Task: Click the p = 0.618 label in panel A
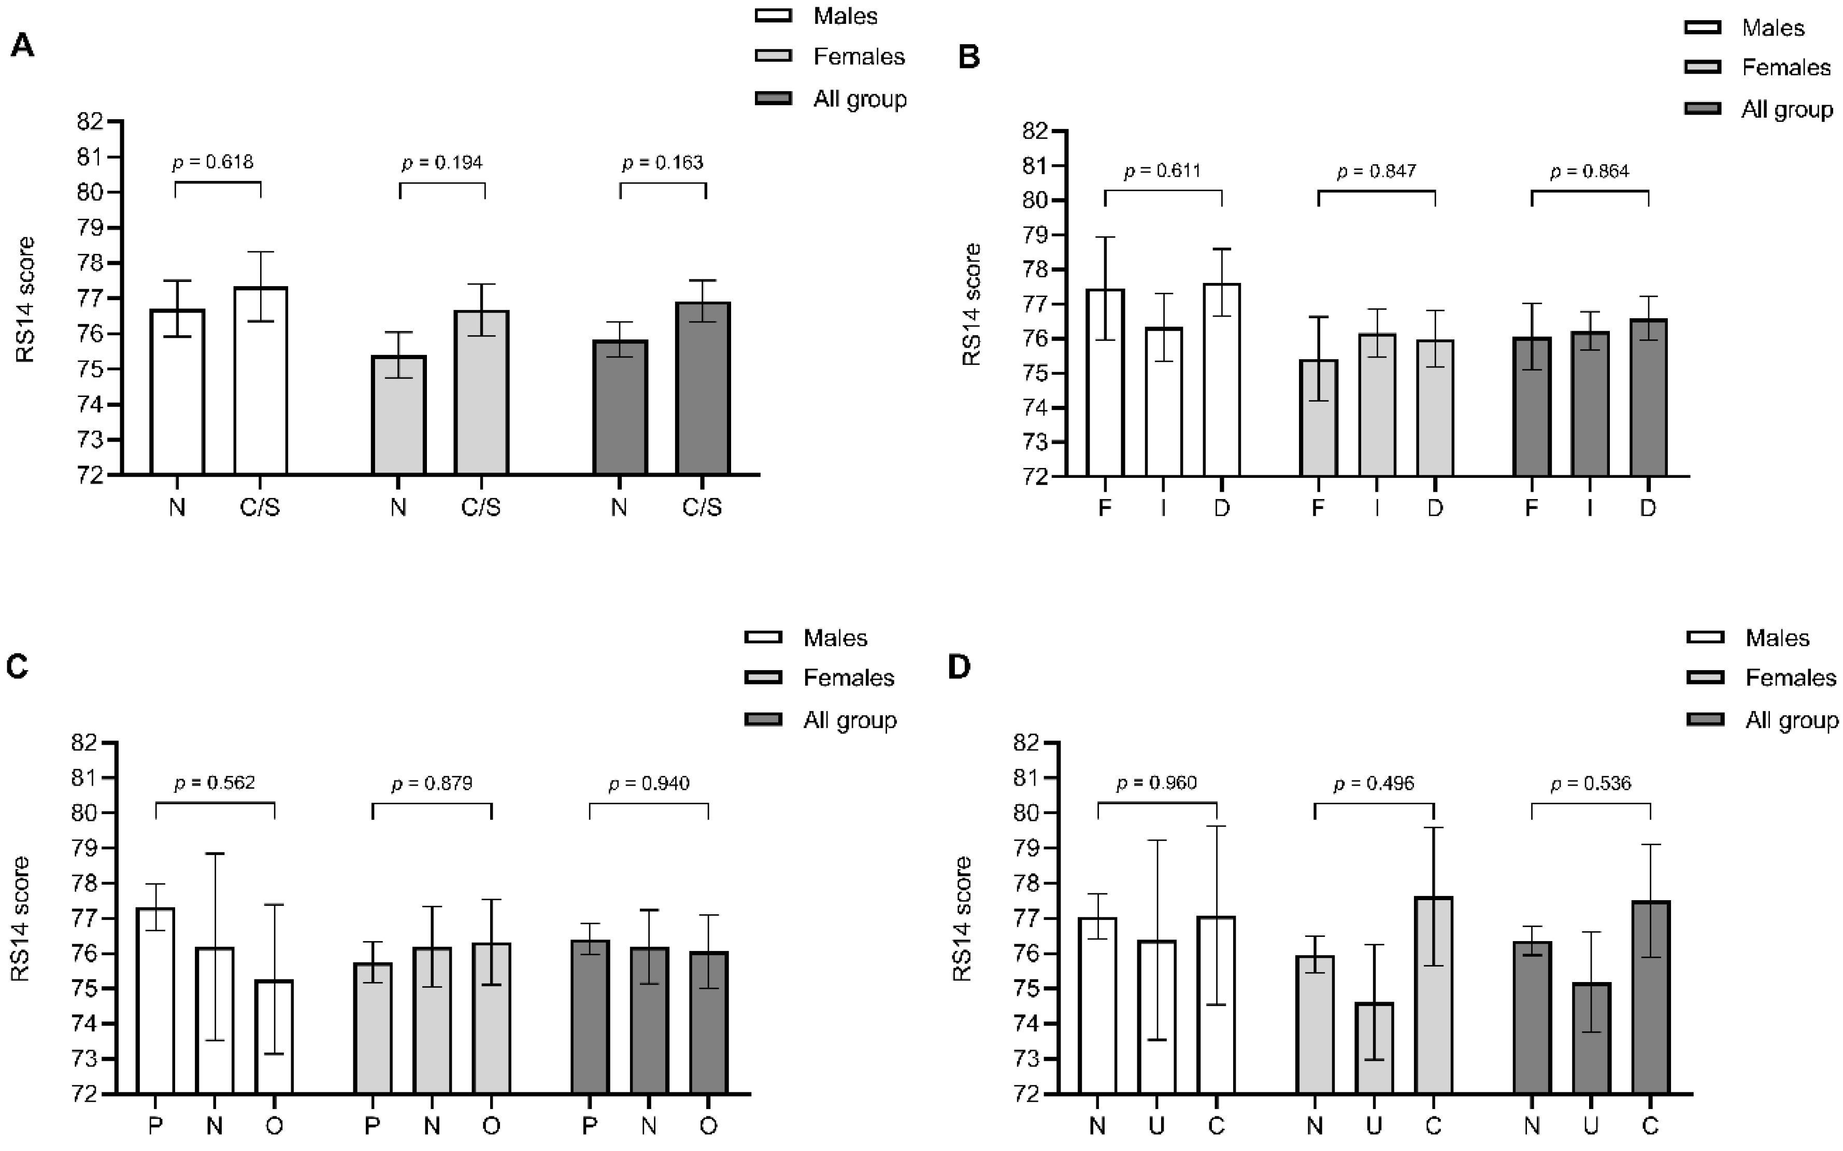213,162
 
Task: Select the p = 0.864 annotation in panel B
1590,172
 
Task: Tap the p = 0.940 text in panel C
649,784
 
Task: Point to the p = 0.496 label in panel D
1374,784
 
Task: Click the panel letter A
22,46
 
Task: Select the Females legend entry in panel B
1785,68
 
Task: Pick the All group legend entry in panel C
849,720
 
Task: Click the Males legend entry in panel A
845,16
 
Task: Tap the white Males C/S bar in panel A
260,380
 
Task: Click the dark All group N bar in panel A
620,407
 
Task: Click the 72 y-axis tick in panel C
84,1095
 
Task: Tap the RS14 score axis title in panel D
963,918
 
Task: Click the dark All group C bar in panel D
1650,997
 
